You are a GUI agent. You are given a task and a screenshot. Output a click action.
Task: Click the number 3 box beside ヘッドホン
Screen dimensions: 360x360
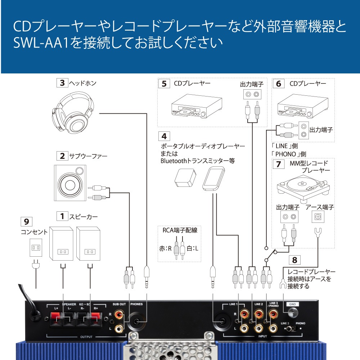click(x=62, y=83)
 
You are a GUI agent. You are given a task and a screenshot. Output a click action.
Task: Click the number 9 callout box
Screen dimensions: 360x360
click(x=26, y=221)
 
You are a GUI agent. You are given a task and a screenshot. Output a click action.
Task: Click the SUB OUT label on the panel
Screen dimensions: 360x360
click(x=119, y=304)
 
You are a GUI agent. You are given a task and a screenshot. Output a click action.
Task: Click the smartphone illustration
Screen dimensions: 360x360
click(x=213, y=179)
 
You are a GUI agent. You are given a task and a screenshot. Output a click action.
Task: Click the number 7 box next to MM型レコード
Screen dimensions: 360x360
click(x=278, y=164)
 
